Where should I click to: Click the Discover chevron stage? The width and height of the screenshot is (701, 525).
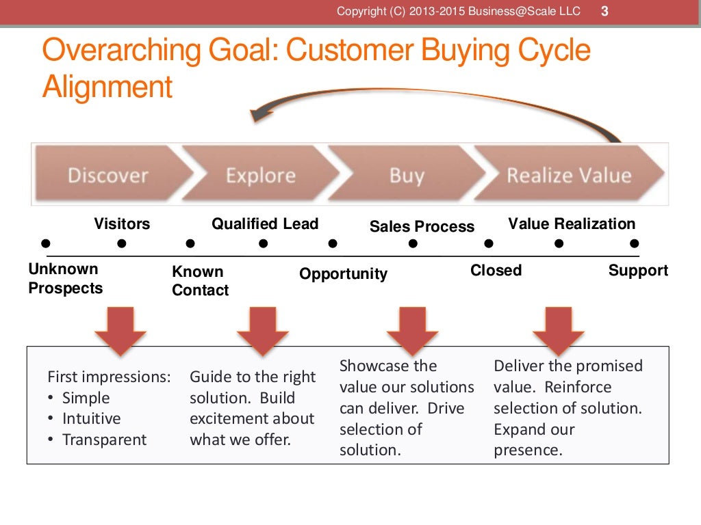108,175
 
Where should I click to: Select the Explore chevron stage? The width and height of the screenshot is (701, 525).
260,175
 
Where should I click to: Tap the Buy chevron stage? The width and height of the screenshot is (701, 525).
406,175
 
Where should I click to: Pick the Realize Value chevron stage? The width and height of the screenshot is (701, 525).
568,175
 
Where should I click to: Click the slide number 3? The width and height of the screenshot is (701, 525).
604,11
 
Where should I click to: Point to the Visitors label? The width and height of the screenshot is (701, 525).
122,224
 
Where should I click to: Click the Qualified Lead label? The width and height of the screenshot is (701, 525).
265,224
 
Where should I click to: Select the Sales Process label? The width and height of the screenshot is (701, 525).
422,226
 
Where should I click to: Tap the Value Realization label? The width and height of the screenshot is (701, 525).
572,224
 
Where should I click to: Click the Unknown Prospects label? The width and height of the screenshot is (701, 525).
65,278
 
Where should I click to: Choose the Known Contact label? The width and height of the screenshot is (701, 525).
200,281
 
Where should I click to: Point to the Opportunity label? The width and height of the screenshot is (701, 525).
343,273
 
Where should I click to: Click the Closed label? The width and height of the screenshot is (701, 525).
496,270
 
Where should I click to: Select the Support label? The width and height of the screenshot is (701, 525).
638,270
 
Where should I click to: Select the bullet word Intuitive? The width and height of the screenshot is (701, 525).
91,418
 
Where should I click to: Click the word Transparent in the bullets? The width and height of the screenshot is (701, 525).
104,440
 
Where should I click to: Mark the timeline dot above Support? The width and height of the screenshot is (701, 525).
635,243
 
